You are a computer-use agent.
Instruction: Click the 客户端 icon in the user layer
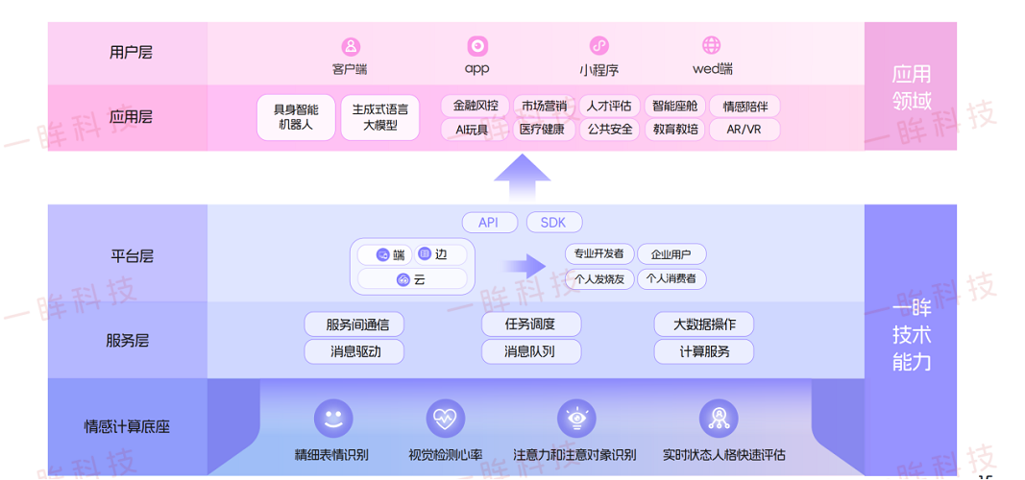pos(352,46)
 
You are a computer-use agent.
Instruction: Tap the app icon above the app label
pos(477,46)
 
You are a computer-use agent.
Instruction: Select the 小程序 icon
pos(598,46)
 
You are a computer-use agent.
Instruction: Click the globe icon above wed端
pos(712,45)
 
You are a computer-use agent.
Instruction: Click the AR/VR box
pos(744,130)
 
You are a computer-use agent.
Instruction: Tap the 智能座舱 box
pos(675,106)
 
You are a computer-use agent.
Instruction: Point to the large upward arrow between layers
pos(522,179)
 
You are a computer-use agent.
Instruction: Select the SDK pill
pos(553,223)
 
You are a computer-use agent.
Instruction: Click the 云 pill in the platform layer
pos(412,279)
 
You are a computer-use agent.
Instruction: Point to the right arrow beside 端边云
pos(525,266)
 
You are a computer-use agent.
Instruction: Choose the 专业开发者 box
pos(598,254)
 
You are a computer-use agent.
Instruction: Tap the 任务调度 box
pos(530,324)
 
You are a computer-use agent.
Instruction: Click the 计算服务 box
pos(703,351)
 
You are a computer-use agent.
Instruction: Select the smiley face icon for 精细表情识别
pos(333,419)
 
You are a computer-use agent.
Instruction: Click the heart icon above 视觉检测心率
pos(446,419)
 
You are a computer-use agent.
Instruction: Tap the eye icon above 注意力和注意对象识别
pos(576,419)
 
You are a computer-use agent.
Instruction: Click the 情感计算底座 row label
pos(127,427)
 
